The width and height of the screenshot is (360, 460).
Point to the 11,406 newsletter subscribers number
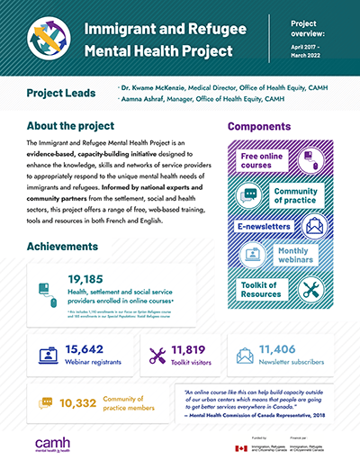(x=285, y=348)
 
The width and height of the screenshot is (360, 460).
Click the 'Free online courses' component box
(x=267, y=161)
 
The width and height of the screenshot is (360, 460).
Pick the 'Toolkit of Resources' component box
(x=265, y=289)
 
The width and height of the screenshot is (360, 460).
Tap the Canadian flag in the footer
(x=240, y=447)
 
